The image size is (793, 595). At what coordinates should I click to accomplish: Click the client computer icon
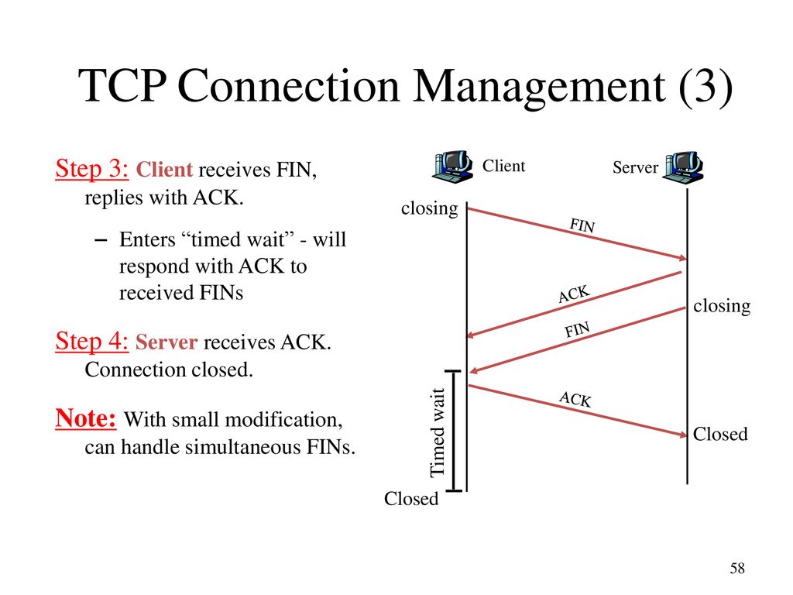click(452, 167)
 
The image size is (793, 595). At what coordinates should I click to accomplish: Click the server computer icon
click(684, 167)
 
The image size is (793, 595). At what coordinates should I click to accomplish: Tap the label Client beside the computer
click(503, 166)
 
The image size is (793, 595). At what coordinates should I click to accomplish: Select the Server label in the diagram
click(635, 167)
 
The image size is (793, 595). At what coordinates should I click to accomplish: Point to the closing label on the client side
click(429, 208)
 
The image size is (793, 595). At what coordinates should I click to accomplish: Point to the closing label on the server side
click(722, 306)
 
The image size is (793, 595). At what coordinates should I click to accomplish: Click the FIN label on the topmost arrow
click(582, 225)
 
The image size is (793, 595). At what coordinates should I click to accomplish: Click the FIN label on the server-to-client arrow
click(577, 330)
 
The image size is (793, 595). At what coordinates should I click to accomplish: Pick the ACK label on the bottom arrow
click(575, 399)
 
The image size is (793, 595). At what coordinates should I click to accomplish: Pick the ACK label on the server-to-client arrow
click(574, 294)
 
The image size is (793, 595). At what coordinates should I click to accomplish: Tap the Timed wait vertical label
click(437, 432)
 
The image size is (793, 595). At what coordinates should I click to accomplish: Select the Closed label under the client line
click(411, 499)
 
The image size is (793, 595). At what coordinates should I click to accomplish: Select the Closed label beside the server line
click(720, 434)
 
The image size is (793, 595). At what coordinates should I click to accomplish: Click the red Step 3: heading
click(92, 168)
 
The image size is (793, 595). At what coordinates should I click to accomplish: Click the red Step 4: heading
click(92, 341)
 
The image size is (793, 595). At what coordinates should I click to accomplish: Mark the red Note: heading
click(86, 418)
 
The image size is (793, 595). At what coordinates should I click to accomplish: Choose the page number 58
click(737, 568)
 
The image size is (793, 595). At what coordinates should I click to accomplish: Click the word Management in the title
click(540, 87)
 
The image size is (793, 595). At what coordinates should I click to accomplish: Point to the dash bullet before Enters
click(101, 240)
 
